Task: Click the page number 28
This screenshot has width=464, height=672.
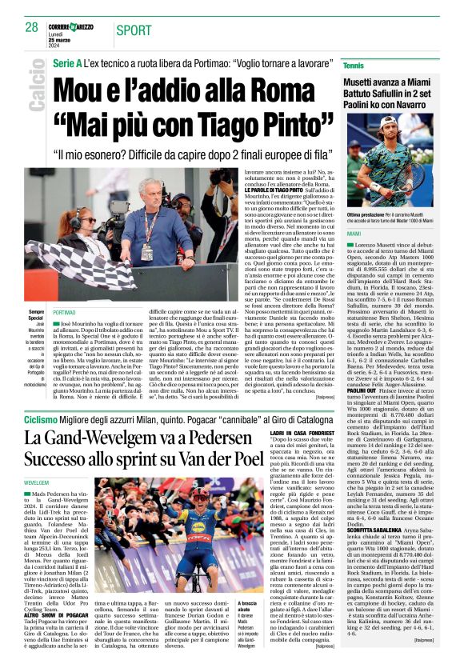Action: [32, 27]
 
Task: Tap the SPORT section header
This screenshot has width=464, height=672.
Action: [134, 30]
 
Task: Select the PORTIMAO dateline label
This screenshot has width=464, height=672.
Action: [64, 312]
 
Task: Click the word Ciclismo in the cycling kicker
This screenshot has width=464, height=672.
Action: [40, 419]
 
